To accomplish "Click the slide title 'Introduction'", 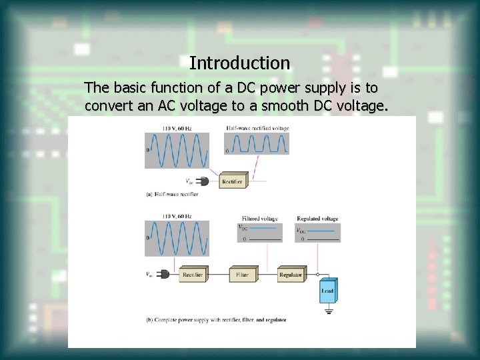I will click(239, 63).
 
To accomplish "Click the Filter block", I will click(242, 275).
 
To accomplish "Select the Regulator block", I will click(291, 275).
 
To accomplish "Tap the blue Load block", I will click(327, 291).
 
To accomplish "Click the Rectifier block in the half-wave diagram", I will click(232, 181).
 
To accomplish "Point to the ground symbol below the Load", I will click(328, 311).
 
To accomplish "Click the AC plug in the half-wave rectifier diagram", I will click(203, 181).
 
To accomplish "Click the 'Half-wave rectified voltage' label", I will click(257, 127).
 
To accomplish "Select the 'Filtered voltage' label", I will click(259, 219).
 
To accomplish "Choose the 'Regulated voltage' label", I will click(317, 219).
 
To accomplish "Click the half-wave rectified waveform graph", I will click(257, 144).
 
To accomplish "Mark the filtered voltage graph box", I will click(259, 232).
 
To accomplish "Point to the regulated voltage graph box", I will click(317, 232).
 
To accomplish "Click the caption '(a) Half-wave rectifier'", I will click(172, 195).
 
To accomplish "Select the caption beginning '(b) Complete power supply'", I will click(216, 320).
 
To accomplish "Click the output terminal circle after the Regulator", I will click(317, 275).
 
